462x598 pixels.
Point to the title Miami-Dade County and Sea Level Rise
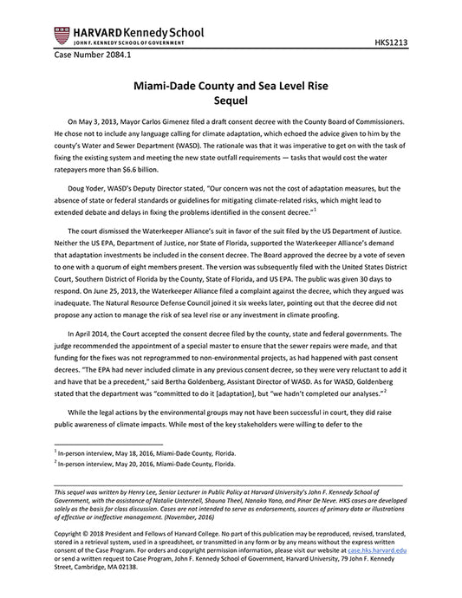pos(231,88)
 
